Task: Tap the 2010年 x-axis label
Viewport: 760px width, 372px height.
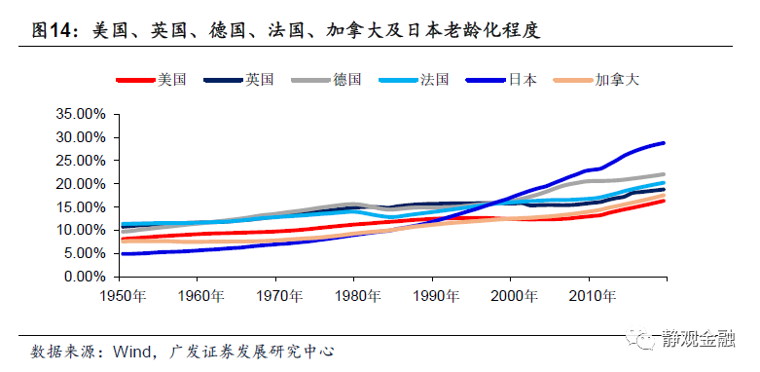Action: tap(587, 295)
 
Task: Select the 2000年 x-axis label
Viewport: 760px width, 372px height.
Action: tap(509, 295)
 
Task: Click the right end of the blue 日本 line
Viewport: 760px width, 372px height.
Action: tap(665, 143)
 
